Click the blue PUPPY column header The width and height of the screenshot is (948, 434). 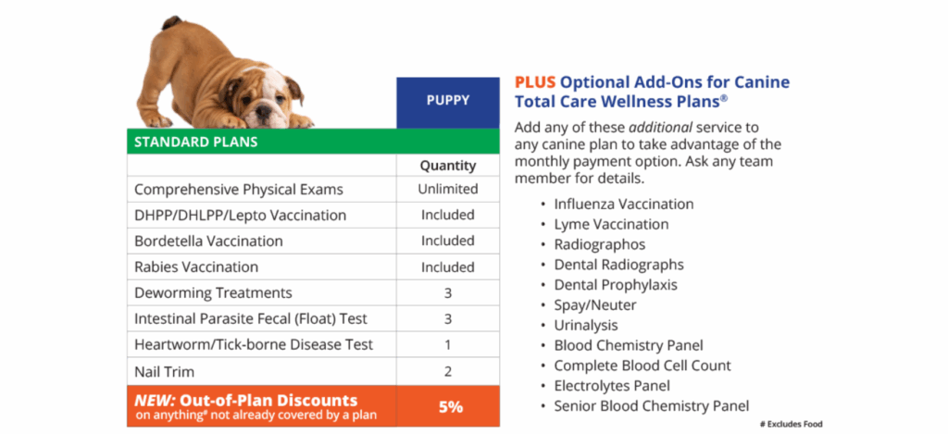coord(447,100)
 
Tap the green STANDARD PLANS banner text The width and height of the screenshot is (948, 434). coord(196,143)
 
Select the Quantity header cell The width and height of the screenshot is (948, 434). coord(447,166)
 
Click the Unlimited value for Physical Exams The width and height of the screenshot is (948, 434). coord(447,189)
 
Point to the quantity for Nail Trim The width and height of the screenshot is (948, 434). coord(447,370)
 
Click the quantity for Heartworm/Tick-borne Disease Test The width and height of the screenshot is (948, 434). coord(447,344)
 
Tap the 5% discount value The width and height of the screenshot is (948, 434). coord(447,405)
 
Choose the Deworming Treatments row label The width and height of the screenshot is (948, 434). coord(213,292)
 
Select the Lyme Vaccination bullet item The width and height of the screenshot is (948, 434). coord(611,224)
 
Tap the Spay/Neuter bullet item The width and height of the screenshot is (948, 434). coord(595,304)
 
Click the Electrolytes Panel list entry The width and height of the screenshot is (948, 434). coord(612,385)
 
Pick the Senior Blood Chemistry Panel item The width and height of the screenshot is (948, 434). coord(651,405)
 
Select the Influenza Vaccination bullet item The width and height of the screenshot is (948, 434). coord(623,204)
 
